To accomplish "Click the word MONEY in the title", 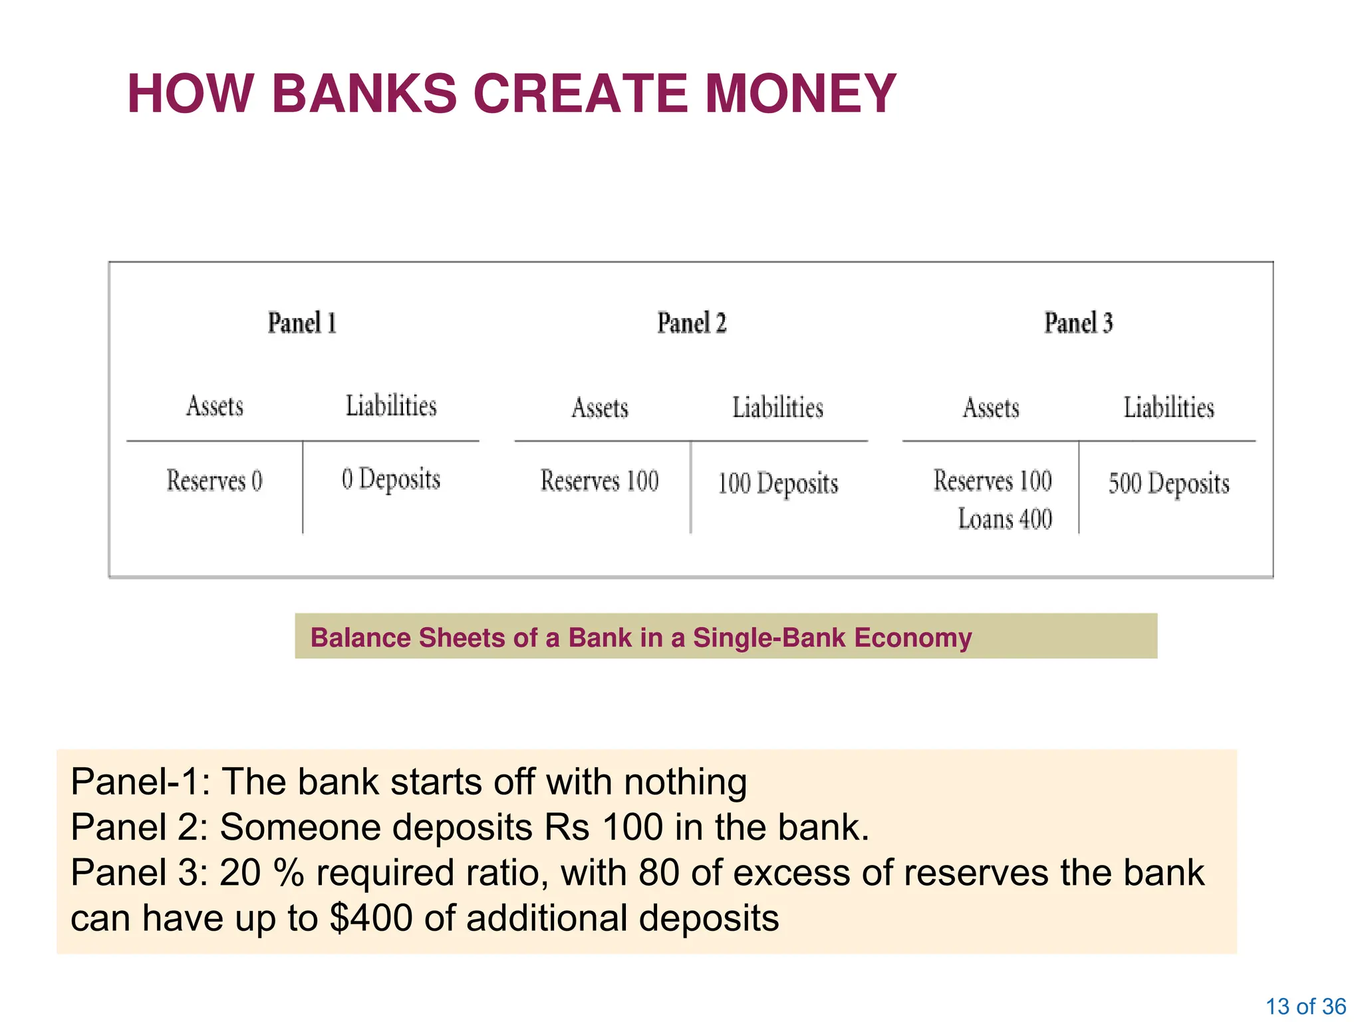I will click(x=801, y=94).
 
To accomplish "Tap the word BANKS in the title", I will click(x=364, y=94).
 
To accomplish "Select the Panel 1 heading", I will click(x=302, y=323).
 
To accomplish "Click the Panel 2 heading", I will click(x=692, y=323).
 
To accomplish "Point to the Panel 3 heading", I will click(x=1078, y=323).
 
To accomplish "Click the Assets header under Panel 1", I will click(x=215, y=406).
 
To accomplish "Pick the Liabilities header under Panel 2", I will click(x=777, y=408).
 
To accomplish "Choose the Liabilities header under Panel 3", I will click(x=1168, y=408).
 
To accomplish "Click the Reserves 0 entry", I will click(x=215, y=480).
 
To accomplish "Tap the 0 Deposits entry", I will click(x=391, y=480).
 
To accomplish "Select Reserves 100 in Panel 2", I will click(x=599, y=481).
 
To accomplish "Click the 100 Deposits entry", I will click(x=777, y=484).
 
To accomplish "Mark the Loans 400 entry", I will click(x=1005, y=519).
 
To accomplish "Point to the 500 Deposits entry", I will click(x=1168, y=484).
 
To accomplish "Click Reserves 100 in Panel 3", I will click(x=992, y=481).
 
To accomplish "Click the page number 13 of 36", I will click(x=1305, y=1006).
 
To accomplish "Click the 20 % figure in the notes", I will click(x=261, y=872).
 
